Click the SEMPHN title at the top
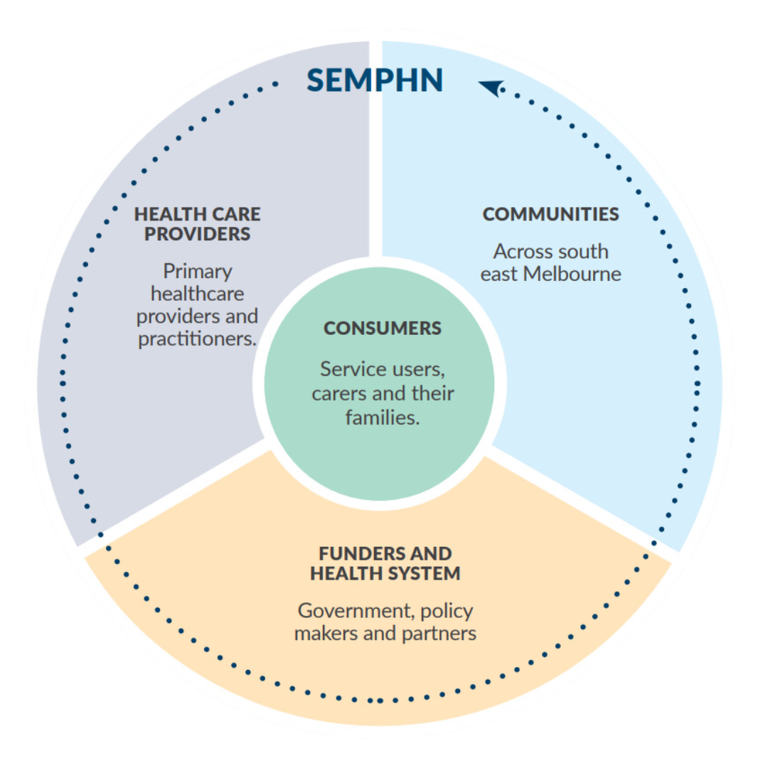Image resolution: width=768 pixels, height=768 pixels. coord(375,80)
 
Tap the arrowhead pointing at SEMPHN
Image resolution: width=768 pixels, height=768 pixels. coord(489,88)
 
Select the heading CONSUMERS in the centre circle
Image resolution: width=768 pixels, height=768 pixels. coord(383,329)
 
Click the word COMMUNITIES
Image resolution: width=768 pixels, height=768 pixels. coord(550,214)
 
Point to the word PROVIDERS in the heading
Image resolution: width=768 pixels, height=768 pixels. coord(198,234)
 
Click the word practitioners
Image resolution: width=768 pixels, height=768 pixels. coord(196,338)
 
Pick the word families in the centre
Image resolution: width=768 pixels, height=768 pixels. coord(383,417)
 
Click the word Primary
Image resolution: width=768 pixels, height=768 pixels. coord(198,271)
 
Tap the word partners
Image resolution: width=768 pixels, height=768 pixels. coord(439,634)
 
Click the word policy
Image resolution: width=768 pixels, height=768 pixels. coord(447,611)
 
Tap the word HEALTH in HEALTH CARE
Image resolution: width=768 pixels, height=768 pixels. coord(164,214)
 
